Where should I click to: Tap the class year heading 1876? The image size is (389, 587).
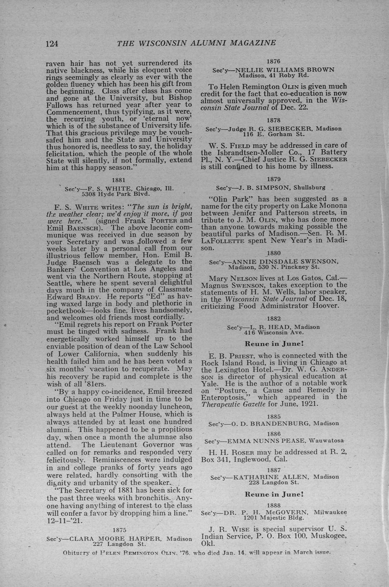(x=273, y=62)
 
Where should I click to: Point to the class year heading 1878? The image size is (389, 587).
(x=273, y=120)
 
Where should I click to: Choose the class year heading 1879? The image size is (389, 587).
(x=273, y=179)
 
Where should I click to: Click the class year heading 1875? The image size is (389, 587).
(x=119, y=530)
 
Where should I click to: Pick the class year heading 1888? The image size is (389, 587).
(x=273, y=505)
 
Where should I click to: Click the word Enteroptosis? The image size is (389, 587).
(x=221, y=397)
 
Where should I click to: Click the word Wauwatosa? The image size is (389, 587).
(x=326, y=440)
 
